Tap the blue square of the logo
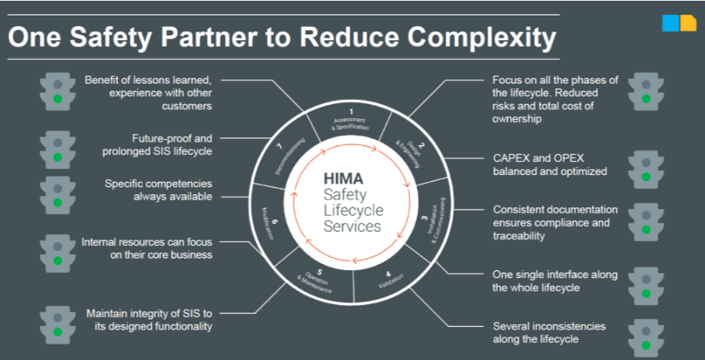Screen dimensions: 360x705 pos(670,23)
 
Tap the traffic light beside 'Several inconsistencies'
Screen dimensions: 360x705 pos(645,335)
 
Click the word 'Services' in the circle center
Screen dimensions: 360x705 pos(352,226)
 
